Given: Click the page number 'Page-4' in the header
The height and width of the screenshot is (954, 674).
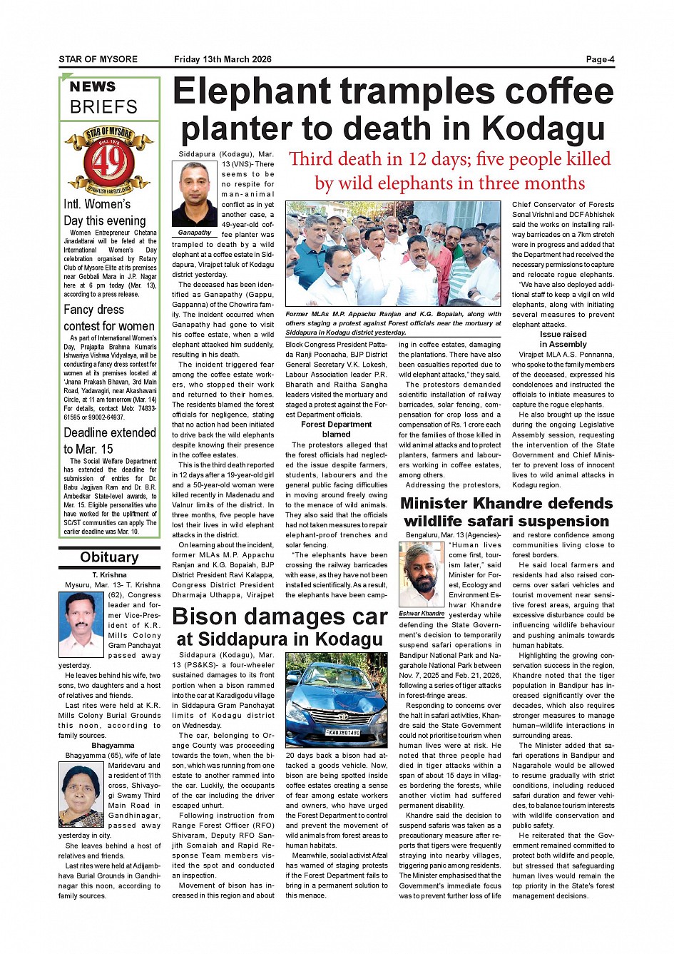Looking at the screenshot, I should (600, 59).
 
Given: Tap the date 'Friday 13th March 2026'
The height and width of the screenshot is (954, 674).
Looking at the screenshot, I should (223, 59).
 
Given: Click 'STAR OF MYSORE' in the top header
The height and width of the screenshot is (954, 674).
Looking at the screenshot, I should (98, 59).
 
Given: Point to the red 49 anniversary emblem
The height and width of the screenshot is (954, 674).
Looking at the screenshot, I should (109, 161).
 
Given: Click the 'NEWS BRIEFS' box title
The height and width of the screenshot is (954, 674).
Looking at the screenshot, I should (103, 98).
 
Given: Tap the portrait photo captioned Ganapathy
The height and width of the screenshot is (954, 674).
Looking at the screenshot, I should (195, 194).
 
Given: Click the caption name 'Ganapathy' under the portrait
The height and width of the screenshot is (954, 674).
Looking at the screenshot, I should (195, 233).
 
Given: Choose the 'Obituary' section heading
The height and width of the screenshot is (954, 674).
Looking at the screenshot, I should (109, 557).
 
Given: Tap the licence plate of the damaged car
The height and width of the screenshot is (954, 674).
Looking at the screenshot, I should (343, 732).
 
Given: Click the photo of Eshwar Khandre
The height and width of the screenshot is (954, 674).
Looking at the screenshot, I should (422, 574).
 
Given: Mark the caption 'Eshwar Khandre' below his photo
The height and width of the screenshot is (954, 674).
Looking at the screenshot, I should (422, 614).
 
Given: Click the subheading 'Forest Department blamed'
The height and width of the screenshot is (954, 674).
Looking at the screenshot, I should (336, 429).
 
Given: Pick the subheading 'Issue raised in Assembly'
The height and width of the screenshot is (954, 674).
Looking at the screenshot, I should (563, 339).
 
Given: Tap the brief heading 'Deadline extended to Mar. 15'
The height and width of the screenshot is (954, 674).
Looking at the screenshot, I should (109, 440).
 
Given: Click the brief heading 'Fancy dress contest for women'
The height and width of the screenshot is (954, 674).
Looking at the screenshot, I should (109, 318).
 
